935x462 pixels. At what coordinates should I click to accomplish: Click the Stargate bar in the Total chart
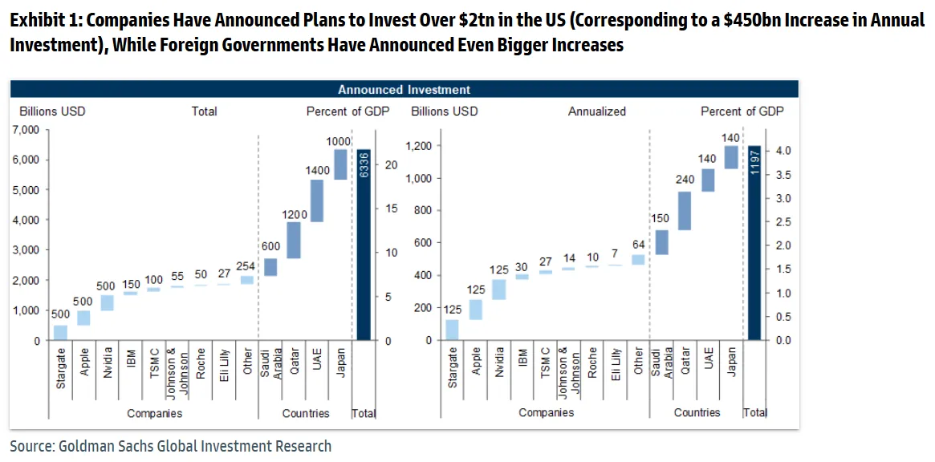coord(61,332)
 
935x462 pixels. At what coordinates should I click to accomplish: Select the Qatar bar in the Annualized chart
coord(685,210)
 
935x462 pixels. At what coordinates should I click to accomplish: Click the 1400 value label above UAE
coord(317,171)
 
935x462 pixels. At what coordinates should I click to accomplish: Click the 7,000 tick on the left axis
coord(26,130)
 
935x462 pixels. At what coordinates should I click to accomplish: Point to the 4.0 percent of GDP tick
coord(784,151)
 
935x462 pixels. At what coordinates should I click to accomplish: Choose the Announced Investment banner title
coord(404,90)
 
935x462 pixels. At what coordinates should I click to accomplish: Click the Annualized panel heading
coord(596,111)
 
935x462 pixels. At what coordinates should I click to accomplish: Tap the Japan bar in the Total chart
coord(340,164)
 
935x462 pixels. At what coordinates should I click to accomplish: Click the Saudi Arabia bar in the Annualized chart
coord(661,242)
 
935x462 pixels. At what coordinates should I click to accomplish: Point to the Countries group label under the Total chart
coord(306,413)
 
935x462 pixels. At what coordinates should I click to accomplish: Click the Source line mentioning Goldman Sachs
coord(170,446)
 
